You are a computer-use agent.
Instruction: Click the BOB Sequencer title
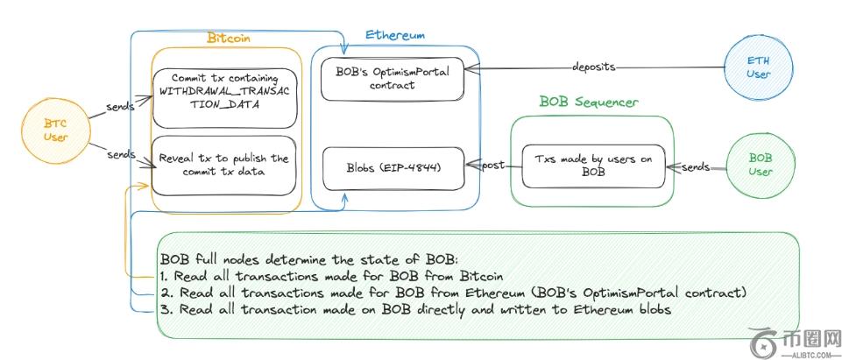coord(588,102)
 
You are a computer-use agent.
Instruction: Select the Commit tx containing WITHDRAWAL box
coord(223,90)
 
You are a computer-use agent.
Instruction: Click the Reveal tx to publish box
coord(223,165)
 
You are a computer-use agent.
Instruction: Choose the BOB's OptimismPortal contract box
coord(393,78)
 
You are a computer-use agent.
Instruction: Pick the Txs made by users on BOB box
coord(593,166)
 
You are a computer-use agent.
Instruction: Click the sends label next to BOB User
coord(696,166)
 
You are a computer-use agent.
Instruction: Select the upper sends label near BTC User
coord(121,105)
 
